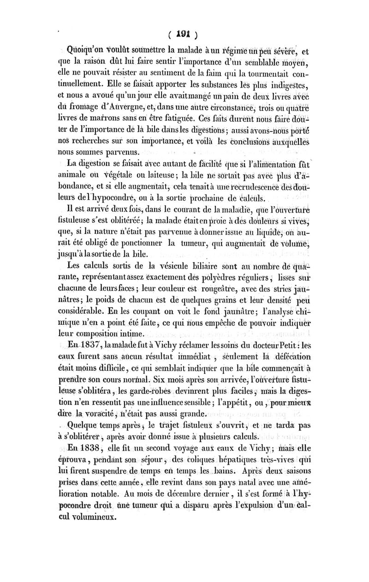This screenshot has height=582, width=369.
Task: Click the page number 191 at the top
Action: [x=183, y=34]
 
